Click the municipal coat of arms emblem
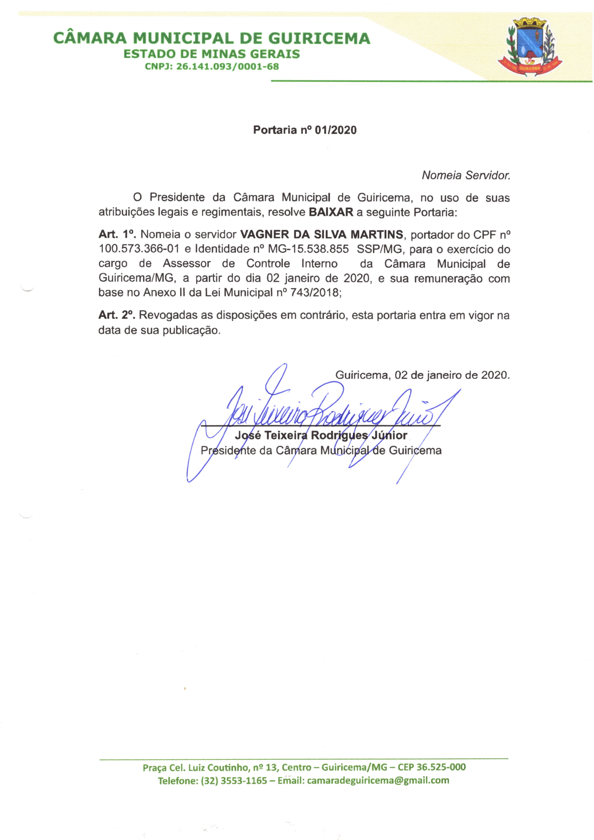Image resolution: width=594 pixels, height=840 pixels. click(x=530, y=46)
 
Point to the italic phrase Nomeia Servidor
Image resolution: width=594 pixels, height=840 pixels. click(x=466, y=176)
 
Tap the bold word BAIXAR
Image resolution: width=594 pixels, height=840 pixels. click(x=331, y=213)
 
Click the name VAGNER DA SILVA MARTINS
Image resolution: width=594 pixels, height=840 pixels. click(x=321, y=234)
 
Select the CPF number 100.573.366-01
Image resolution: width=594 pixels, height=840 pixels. click(x=139, y=249)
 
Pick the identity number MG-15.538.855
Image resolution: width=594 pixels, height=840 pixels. click(x=308, y=249)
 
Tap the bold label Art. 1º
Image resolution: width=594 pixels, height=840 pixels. click(x=117, y=234)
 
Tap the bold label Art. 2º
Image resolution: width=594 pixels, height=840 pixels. click(x=117, y=315)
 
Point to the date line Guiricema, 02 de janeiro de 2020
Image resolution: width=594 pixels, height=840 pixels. click(x=422, y=375)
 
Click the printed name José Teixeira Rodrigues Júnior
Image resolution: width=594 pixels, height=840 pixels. click(x=321, y=435)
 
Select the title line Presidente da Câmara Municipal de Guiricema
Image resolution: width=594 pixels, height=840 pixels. click(x=321, y=451)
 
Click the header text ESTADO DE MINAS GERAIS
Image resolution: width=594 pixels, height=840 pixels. click(x=212, y=54)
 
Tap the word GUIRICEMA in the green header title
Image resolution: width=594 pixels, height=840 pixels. click(x=319, y=38)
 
